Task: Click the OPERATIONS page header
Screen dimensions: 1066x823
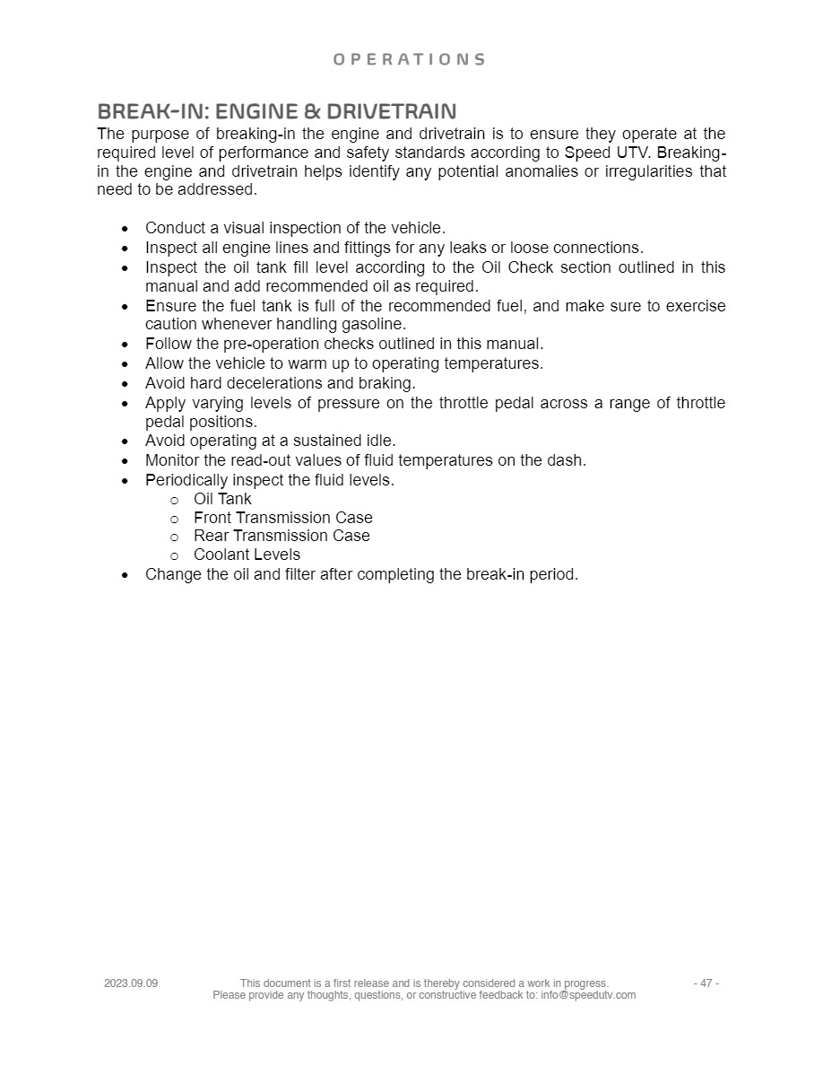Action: pos(409,60)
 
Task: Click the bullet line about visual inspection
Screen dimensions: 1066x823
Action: pos(295,229)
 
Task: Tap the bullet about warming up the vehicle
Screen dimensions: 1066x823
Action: pos(343,363)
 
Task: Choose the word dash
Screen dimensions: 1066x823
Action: pos(567,460)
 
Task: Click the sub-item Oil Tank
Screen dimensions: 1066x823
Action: pos(222,499)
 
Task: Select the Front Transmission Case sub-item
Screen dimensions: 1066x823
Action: pos(282,518)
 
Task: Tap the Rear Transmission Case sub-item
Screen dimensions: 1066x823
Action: pos(282,536)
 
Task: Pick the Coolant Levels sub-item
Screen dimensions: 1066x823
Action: pos(247,555)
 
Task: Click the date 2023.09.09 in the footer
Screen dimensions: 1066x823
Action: pos(131,983)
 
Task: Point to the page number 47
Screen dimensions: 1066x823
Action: pos(706,983)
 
